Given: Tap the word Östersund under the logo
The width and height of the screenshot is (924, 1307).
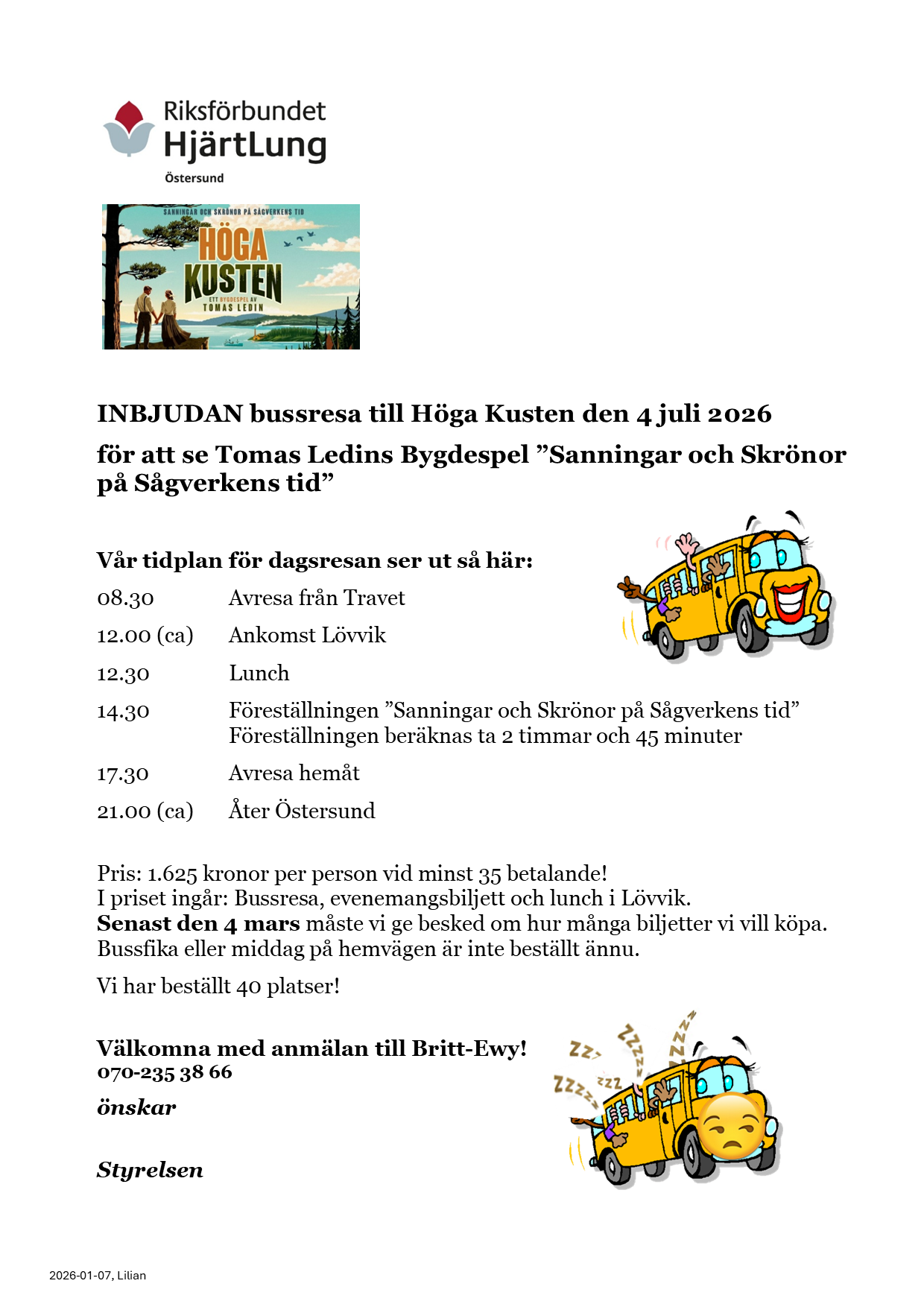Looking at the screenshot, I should [194, 178].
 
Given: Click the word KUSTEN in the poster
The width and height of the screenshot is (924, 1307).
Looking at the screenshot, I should [233, 282].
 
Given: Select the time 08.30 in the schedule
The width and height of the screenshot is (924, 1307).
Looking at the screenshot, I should [125, 598].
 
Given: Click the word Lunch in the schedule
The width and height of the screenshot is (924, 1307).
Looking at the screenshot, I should [259, 674].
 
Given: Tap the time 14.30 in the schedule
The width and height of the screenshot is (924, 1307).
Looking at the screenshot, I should [123, 712].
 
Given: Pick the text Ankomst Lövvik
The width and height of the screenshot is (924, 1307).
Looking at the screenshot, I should [307, 636].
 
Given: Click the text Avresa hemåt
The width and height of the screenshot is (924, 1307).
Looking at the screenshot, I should [294, 773].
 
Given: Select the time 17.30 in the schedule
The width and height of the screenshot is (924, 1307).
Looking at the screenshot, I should [123, 774].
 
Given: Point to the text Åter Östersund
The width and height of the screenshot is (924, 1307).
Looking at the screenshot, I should [302, 811].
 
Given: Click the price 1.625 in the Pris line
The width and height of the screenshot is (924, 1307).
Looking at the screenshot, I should [172, 873].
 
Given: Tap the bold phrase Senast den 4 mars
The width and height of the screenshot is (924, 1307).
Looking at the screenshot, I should [198, 924].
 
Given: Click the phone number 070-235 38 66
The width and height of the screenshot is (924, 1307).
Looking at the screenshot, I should [165, 1072].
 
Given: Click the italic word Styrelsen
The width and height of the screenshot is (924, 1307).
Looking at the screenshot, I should [150, 1170].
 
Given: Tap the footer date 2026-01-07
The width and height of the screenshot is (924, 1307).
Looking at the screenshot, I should [80, 1275].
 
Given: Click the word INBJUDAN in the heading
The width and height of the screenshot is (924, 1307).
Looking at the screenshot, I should [170, 414].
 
